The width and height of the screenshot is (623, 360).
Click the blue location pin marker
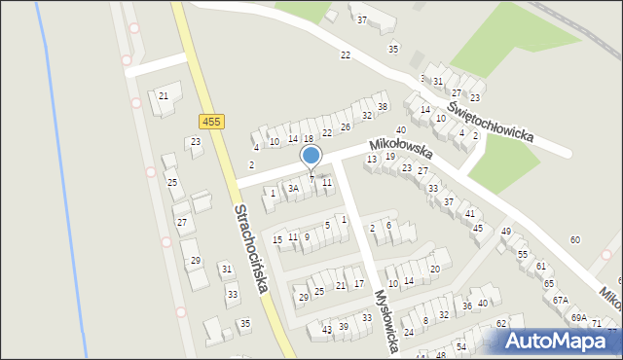tap(311, 156)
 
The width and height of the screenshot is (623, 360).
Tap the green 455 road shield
tap(210, 122)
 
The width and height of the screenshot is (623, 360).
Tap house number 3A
tap(292, 188)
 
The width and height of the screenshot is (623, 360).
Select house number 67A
tap(560, 301)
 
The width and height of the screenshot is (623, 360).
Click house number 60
tap(575, 239)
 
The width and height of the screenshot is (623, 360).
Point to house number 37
tap(362, 20)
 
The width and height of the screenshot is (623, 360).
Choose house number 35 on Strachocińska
tap(245, 323)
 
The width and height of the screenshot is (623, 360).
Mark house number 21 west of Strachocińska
tap(164, 95)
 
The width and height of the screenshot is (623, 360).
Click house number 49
tap(506, 231)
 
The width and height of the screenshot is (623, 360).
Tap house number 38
tap(383, 106)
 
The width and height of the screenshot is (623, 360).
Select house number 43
tap(326, 330)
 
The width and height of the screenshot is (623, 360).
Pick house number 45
tap(477, 228)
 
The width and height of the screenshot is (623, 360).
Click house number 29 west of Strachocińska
tap(195, 260)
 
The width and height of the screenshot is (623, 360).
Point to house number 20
tap(435, 269)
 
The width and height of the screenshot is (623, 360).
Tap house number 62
tap(501, 323)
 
